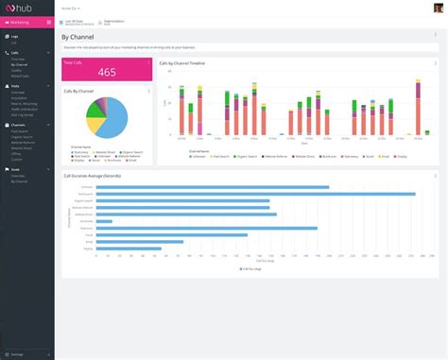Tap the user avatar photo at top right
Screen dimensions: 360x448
tap(438, 8)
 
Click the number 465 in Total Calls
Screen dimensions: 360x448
tap(107, 73)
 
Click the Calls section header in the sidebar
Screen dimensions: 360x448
tap(14, 52)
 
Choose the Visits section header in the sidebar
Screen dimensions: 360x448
tap(15, 84)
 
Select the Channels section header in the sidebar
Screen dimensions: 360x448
tap(18, 124)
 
